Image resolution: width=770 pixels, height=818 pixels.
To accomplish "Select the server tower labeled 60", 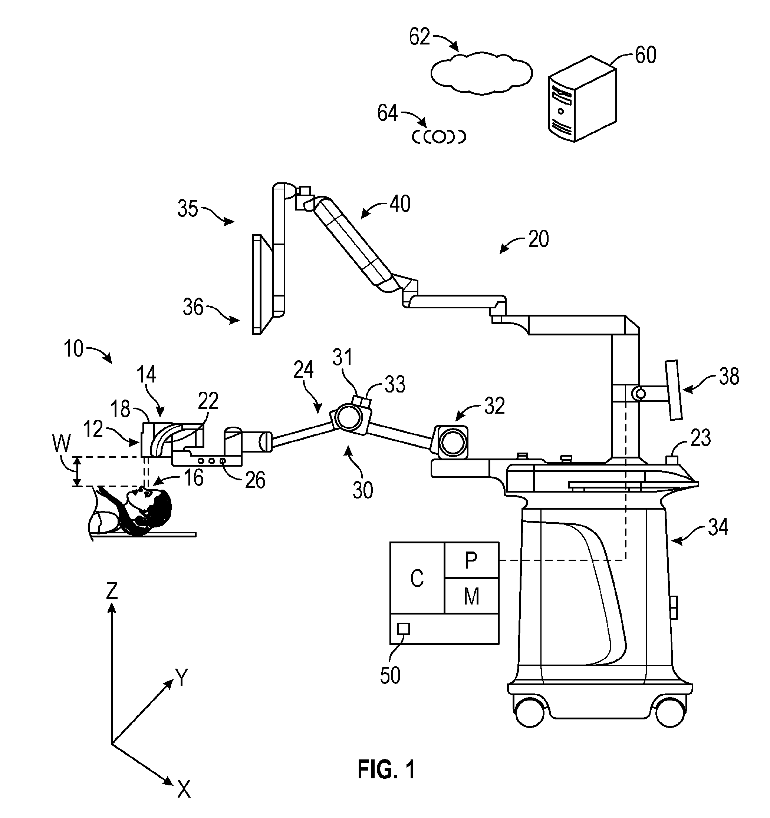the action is click(583, 100).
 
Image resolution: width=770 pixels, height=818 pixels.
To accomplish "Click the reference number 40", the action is click(400, 204).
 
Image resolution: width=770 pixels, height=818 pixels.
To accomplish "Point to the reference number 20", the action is click(538, 239).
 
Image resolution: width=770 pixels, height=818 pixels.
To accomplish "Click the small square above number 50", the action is click(404, 629).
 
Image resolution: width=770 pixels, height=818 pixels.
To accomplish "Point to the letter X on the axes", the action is click(184, 789).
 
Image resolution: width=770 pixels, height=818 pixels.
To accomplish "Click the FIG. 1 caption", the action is click(386, 769).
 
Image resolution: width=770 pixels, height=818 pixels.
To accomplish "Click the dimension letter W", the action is click(61, 444).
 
